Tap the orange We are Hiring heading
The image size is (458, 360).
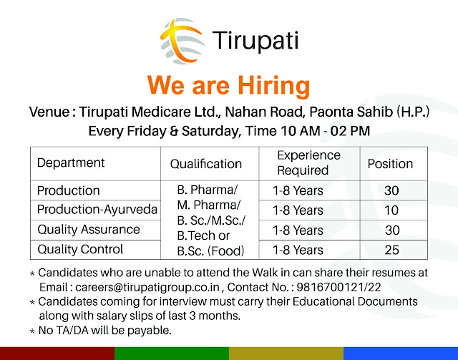pyautogui.click(x=228, y=86)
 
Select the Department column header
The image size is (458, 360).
pyautogui.click(x=71, y=162)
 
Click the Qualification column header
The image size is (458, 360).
pyautogui.click(x=207, y=164)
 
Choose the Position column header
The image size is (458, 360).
pyautogui.click(x=390, y=164)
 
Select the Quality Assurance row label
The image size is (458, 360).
pyautogui.click(x=88, y=230)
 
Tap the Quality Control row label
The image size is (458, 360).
pyautogui.click(x=80, y=249)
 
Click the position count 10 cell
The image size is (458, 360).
pyautogui.click(x=391, y=210)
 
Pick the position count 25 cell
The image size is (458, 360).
pyautogui.click(x=391, y=250)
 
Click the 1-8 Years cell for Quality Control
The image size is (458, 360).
pyautogui.click(x=298, y=250)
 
